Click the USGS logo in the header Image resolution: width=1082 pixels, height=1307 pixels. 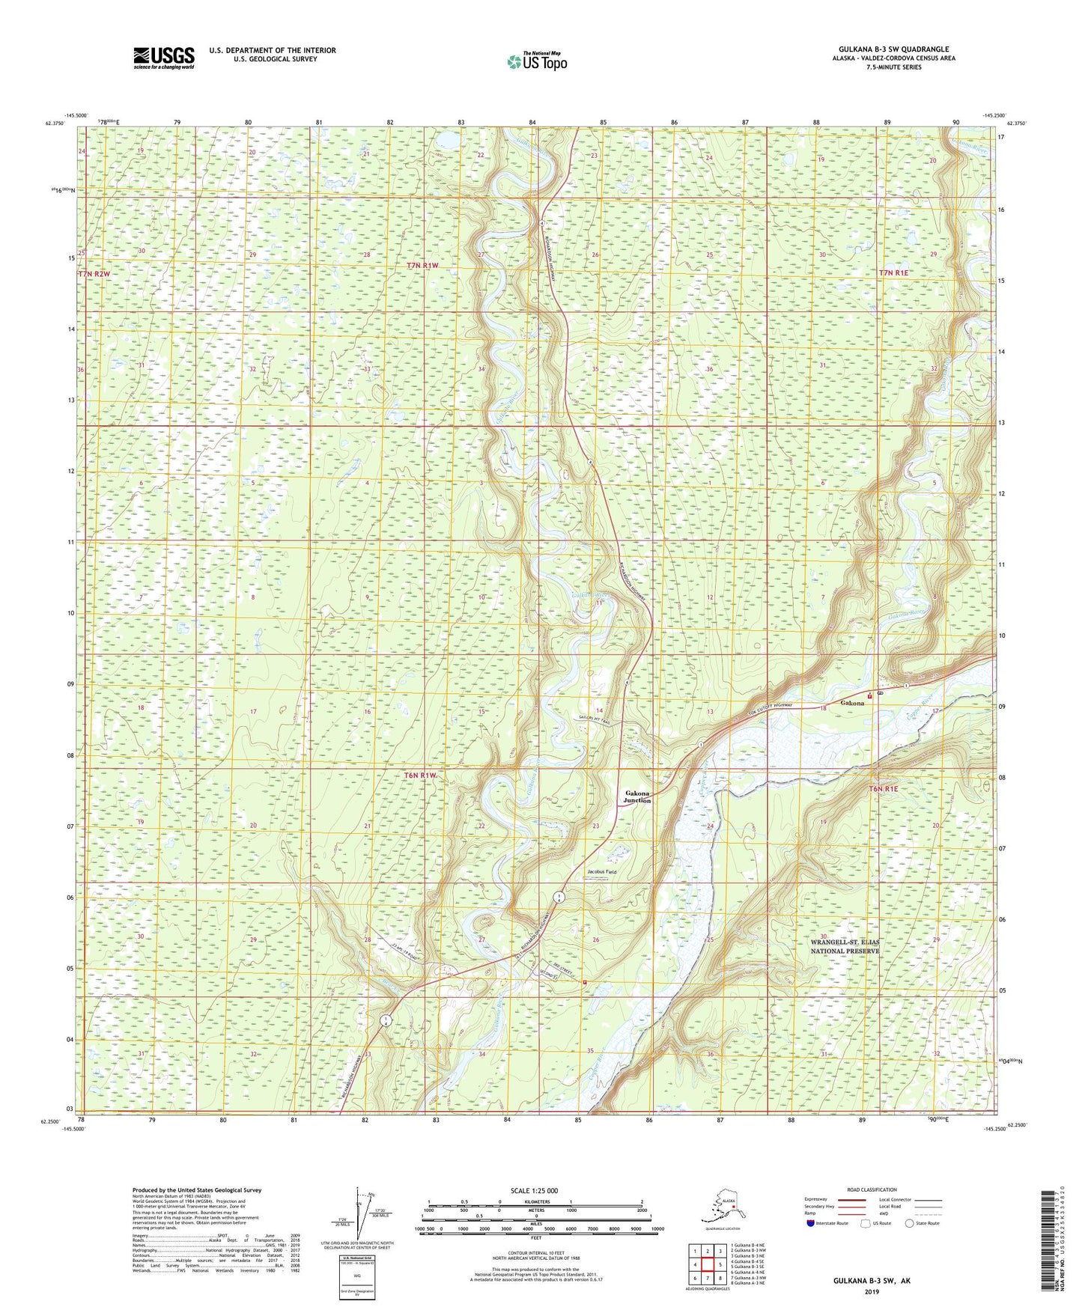tap(163, 58)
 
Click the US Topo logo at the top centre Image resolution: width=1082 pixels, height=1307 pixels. tap(536, 61)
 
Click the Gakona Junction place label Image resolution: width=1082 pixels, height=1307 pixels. tap(637, 796)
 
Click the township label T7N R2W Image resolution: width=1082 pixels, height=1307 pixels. tap(94, 275)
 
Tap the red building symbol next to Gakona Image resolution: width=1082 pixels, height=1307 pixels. tap(869, 697)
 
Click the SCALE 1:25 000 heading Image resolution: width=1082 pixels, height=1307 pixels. tap(535, 1191)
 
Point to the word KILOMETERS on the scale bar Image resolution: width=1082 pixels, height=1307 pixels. tap(535, 1202)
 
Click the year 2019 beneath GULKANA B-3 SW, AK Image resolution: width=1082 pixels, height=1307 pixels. tap(872, 1292)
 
